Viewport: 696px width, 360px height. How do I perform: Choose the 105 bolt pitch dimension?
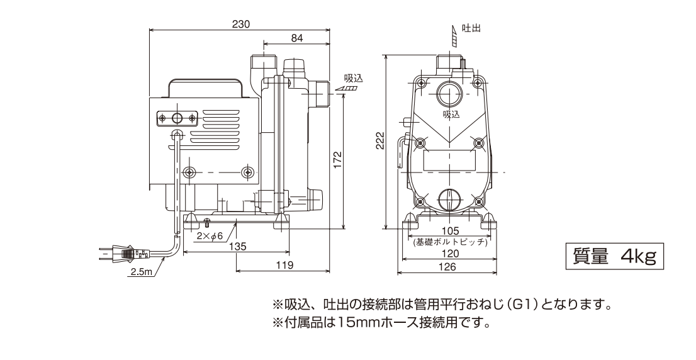pyautogui.click(x=448, y=232)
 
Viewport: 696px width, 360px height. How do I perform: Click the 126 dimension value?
pyautogui.click(x=448, y=266)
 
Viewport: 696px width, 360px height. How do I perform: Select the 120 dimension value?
pyautogui.click(x=448, y=253)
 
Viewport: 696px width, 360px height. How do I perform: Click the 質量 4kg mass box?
pyautogui.click(x=614, y=256)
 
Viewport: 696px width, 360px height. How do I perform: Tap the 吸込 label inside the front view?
pyautogui.click(x=451, y=115)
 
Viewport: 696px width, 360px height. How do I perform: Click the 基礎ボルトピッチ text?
pyautogui.click(x=448, y=242)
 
